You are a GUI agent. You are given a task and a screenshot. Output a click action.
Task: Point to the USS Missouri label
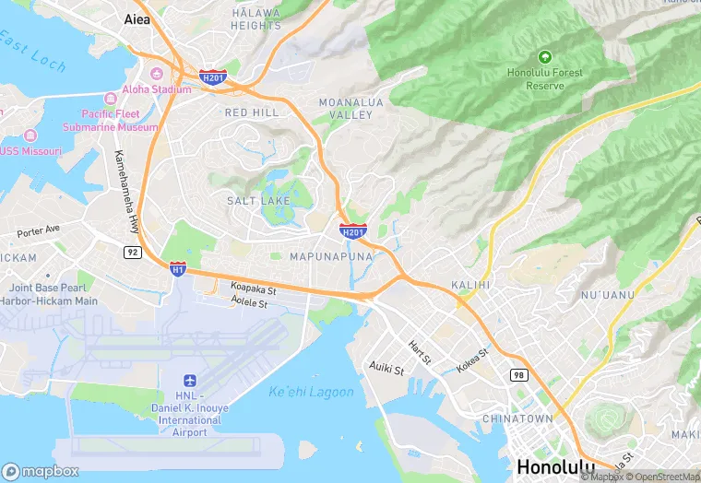(x=31, y=150)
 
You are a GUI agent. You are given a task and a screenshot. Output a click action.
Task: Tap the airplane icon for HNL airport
(x=190, y=381)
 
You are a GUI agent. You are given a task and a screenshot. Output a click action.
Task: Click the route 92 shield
(x=134, y=252)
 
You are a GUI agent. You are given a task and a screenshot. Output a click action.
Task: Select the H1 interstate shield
(x=178, y=268)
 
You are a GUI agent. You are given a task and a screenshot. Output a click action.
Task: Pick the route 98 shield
(x=519, y=374)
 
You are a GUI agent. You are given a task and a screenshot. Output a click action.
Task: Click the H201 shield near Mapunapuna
(x=352, y=230)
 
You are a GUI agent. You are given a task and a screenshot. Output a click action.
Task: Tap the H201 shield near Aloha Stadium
(x=213, y=77)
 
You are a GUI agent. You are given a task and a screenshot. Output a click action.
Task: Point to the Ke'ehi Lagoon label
(x=311, y=392)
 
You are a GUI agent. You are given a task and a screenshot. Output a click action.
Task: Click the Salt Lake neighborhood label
(x=258, y=200)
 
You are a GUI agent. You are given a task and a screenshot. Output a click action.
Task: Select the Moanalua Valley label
(x=346, y=108)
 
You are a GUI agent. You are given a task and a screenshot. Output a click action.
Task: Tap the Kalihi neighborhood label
(x=470, y=285)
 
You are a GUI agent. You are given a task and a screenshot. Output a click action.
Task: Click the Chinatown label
(x=517, y=418)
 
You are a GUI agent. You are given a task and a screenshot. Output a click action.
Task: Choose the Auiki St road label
(x=387, y=370)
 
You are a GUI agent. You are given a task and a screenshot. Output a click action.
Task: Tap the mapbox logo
(x=40, y=471)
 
